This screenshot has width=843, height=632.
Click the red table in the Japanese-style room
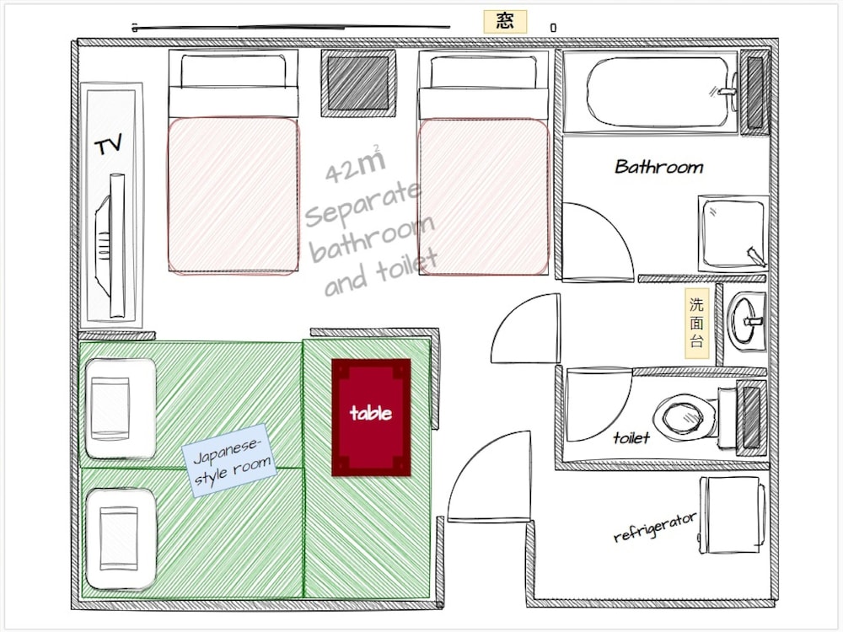(x=371, y=417)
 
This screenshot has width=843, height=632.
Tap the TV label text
(x=108, y=145)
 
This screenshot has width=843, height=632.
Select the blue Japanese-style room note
(x=229, y=460)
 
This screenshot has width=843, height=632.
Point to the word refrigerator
(x=655, y=527)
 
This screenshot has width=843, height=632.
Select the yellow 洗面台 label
(x=697, y=323)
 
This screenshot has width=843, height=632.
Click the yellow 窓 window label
(x=505, y=22)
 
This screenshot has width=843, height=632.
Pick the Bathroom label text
(x=658, y=167)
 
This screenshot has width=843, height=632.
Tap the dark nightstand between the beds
(x=358, y=83)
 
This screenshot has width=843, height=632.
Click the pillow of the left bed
(x=234, y=72)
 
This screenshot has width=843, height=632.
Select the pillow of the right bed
(x=483, y=72)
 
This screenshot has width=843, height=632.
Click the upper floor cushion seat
(x=121, y=409)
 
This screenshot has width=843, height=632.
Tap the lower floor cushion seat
(x=121, y=538)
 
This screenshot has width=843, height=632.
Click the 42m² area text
(x=356, y=164)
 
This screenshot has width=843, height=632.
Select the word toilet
(x=631, y=438)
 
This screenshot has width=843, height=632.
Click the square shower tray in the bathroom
(x=733, y=233)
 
